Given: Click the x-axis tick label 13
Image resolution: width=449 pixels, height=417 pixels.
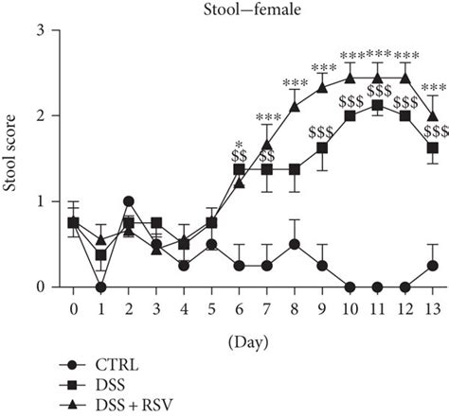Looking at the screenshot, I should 433,309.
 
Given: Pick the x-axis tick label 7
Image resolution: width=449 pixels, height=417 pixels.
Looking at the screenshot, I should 267,309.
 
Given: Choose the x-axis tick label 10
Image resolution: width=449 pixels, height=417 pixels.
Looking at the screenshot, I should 350,309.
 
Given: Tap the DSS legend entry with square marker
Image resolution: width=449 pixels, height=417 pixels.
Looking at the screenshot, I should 108,383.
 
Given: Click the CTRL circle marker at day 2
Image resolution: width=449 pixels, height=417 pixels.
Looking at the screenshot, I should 128,201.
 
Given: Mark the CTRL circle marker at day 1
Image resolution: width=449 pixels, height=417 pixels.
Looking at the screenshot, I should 100,287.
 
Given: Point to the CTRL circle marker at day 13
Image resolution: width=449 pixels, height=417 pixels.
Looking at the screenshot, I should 433,266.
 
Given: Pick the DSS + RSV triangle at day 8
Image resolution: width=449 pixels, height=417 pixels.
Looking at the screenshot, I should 295,107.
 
